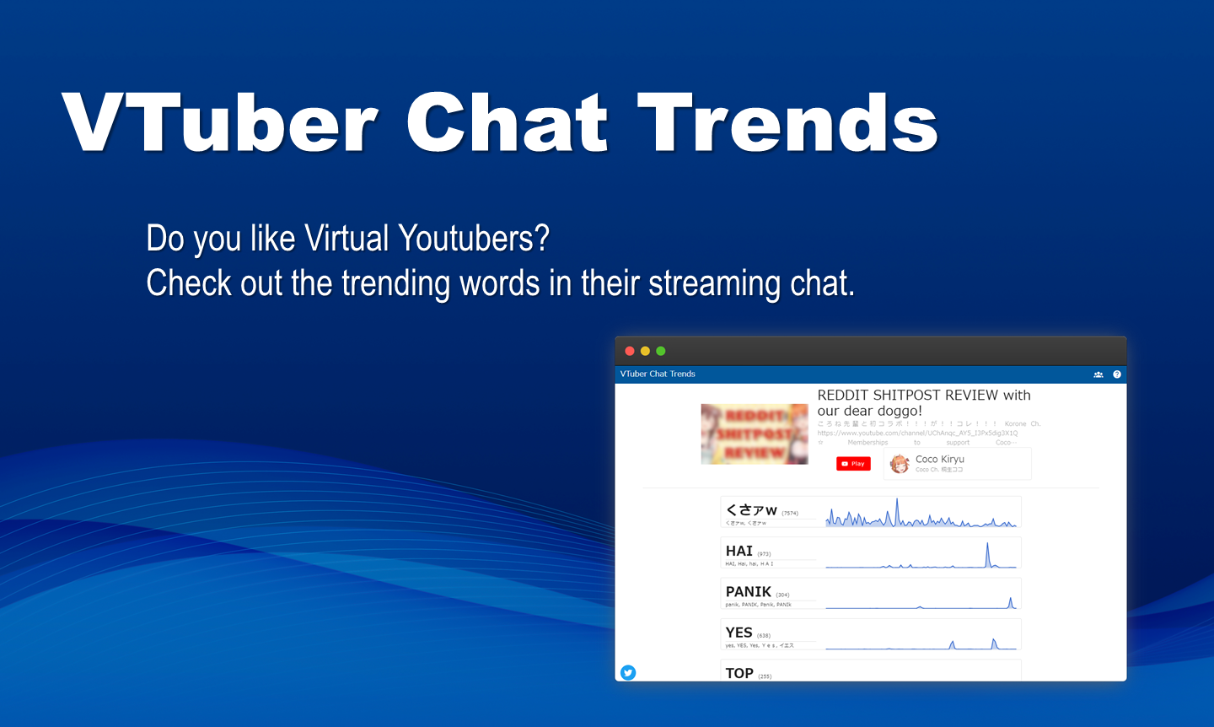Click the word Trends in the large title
pyautogui.click(x=787, y=123)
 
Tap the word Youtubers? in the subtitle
pyautogui.click(x=473, y=239)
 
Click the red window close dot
pyautogui.click(x=630, y=351)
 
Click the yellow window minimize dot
pyautogui.click(x=645, y=351)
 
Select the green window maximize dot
pyautogui.click(x=661, y=351)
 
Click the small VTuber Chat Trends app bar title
pyautogui.click(x=658, y=374)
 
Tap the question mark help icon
pyautogui.click(x=1117, y=374)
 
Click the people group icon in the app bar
pyautogui.click(x=1099, y=374)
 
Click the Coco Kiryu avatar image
pyautogui.click(x=900, y=464)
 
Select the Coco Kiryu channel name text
pyautogui.click(x=940, y=459)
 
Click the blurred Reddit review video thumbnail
pyautogui.click(x=755, y=434)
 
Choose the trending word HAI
pyautogui.click(x=739, y=551)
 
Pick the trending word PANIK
pyautogui.click(x=749, y=591)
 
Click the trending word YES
pyautogui.click(x=739, y=633)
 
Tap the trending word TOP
pyautogui.click(x=739, y=672)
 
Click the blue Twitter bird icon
pyautogui.click(x=628, y=672)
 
